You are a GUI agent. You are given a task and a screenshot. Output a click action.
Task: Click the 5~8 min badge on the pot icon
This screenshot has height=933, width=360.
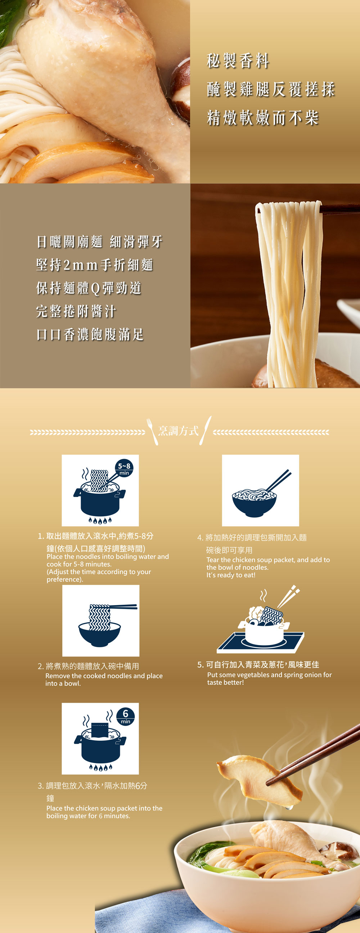coord(124,469)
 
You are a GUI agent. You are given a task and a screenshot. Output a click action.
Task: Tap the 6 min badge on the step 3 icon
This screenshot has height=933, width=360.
coord(126,716)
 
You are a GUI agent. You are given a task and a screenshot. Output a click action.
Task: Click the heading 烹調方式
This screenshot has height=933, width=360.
coord(179,431)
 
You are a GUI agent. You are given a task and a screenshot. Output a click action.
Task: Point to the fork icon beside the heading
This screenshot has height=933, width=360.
coord(152,431)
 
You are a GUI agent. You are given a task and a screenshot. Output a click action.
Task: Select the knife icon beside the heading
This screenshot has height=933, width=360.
coord(205,430)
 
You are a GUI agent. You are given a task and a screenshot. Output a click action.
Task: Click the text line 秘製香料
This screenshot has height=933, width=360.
coord(238,60)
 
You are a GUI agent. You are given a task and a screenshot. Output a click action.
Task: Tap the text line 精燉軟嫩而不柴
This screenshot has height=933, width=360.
coord(263,118)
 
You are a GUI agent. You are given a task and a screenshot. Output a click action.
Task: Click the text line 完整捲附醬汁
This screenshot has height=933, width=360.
coord(76,311)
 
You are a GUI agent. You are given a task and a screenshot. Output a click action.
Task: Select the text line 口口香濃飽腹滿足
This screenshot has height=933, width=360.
coord(90,334)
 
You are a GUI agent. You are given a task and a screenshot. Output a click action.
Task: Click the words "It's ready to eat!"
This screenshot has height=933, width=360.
coord(231,575)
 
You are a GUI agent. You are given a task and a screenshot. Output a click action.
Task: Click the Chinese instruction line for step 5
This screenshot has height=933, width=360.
coord(258,664)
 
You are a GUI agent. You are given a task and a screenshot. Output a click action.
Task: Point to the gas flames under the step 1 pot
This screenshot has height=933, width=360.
coord(100,521)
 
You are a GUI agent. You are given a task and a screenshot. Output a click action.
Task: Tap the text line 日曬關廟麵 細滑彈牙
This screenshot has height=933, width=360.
coord(100,242)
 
